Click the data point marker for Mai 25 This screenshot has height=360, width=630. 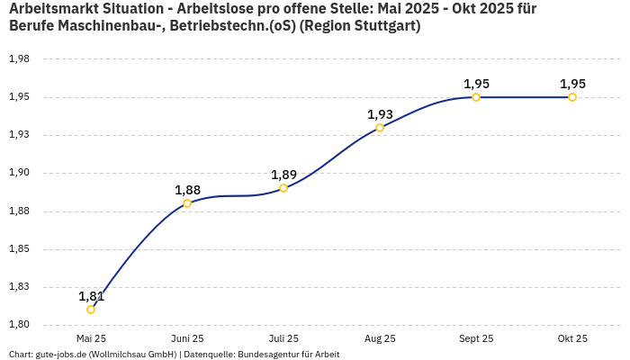coord(91,310)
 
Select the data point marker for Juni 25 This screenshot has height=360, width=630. coord(187,203)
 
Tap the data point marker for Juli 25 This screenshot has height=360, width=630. coord(283,188)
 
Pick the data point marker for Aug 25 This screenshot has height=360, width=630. coord(380,128)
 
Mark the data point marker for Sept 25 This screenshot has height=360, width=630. coord(476,97)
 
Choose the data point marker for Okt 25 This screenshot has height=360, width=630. coord(572,97)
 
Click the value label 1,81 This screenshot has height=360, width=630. coord(91,296)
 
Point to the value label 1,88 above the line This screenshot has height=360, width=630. coord(187,190)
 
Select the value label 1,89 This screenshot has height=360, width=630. coord(283,175)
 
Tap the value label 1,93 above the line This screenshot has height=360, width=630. coord(380,114)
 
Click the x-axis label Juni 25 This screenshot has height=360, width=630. coord(187,338)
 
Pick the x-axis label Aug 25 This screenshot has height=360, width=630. coord(380,338)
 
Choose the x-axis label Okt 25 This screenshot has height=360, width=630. coord(572,338)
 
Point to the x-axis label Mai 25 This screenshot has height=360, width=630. coord(91,338)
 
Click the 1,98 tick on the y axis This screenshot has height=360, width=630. coord(19,59)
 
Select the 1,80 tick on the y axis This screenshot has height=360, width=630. coord(19,325)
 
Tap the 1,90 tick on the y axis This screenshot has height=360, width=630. coord(19,173)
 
